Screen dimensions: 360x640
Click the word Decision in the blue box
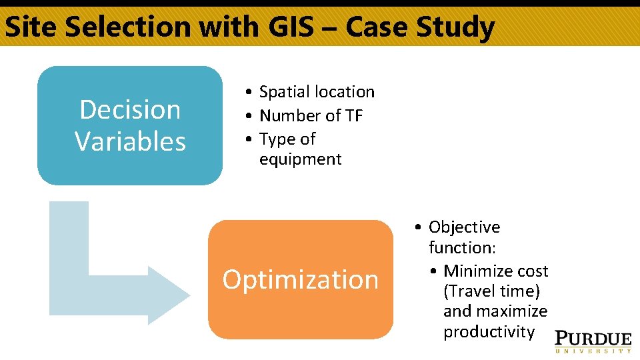point(130,109)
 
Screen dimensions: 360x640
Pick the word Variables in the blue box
point(130,141)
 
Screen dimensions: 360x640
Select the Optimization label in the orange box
point(300,279)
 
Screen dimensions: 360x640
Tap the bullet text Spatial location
point(317,92)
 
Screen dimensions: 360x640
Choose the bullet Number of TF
point(311,116)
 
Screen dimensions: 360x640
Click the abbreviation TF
point(353,116)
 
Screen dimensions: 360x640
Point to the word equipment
point(300,159)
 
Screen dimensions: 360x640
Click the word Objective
point(464,227)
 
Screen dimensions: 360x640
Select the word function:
point(461,247)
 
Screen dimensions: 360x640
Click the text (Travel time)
point(491,291)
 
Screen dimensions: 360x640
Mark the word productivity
point(489,332)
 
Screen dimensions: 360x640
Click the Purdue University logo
point(593,341)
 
